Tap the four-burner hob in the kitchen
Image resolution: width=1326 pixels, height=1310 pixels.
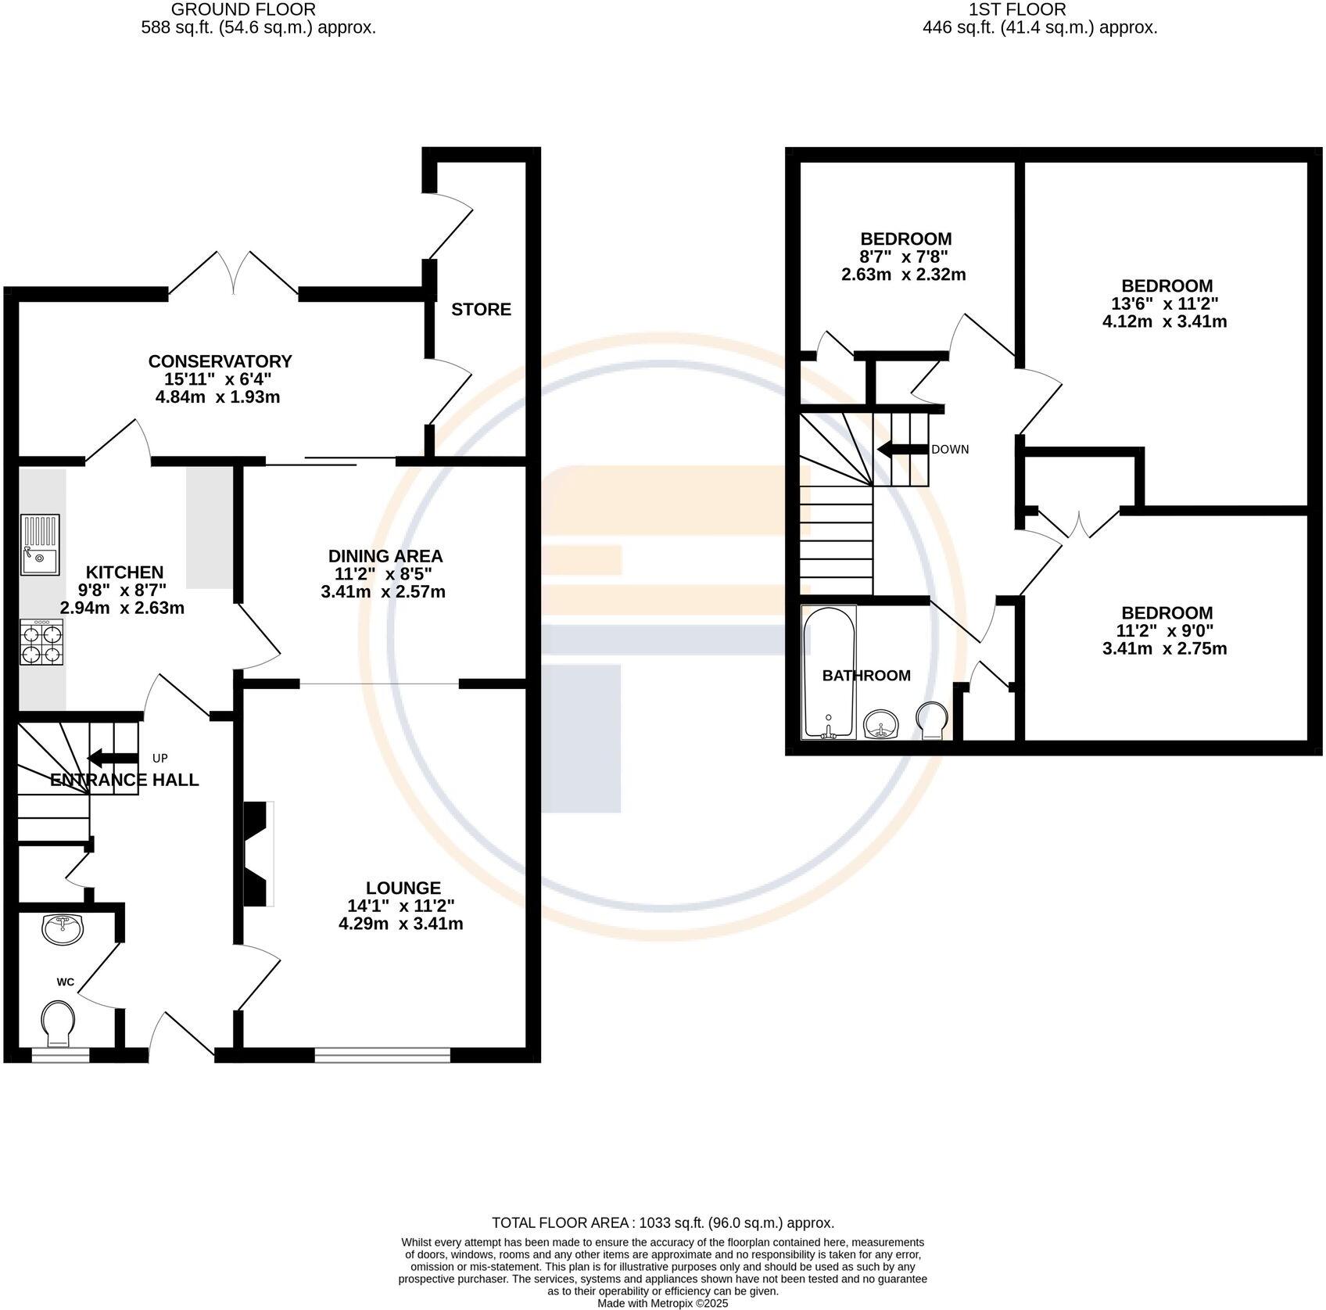41,642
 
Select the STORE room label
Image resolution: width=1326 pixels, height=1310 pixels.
482,310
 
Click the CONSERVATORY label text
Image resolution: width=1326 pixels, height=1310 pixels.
220,361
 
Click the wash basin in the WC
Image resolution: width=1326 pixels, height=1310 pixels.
59,929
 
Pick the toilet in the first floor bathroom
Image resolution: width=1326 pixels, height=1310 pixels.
932,720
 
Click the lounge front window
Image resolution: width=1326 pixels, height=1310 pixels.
382,1055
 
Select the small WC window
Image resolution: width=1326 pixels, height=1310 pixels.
60,1055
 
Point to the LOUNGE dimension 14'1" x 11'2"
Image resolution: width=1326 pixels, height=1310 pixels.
401,906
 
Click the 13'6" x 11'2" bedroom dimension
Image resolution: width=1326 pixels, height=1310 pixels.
1165,303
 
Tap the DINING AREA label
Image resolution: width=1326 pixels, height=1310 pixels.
385,556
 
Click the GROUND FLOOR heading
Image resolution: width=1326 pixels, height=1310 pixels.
243,9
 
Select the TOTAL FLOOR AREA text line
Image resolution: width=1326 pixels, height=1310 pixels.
663,1222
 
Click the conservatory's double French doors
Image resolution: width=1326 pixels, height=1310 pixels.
234,273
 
